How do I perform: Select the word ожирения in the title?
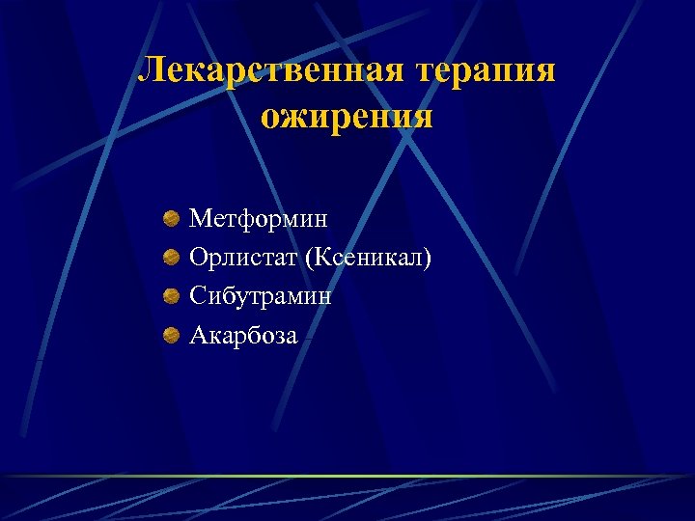347,117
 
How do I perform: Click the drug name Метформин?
259,219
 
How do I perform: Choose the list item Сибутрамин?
261,296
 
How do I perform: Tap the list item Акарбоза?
244,335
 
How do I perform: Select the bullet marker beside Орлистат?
171,259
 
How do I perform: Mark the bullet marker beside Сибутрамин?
171,297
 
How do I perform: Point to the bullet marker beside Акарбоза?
171,336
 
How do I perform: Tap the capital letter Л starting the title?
153,70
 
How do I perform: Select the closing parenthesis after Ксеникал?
429,259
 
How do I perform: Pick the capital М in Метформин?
200,219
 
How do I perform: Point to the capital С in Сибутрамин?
197,296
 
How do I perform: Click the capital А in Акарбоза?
198,335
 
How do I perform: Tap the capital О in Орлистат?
198,258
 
